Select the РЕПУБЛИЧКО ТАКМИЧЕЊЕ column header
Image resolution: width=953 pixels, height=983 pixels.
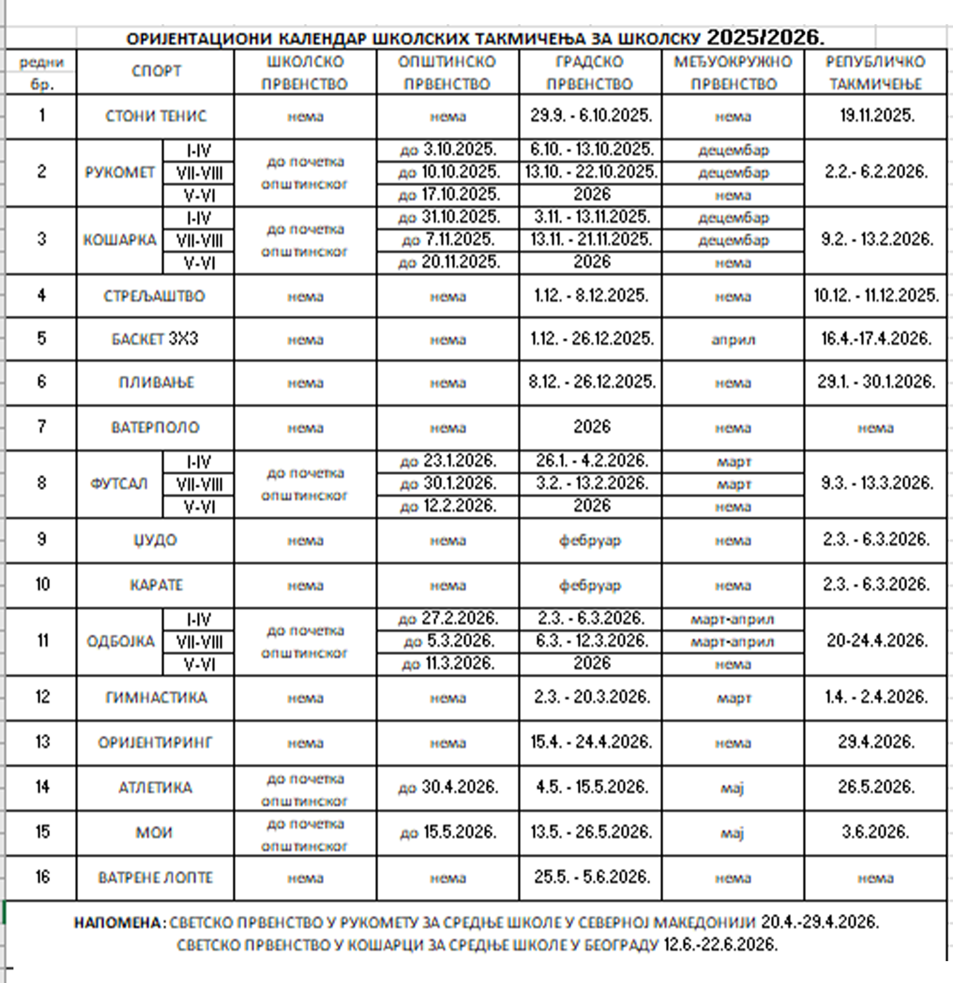pos(875,72)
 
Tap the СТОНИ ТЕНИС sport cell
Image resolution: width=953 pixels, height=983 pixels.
pos(156,116)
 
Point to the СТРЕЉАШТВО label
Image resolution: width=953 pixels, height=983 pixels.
pos(154,296)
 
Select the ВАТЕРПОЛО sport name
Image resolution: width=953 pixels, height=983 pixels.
pos(156,428)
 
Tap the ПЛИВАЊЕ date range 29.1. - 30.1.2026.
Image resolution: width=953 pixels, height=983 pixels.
pos(876,382)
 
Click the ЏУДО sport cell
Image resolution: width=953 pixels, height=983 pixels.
pos(156,541)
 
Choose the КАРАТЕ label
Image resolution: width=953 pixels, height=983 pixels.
pos(156,585)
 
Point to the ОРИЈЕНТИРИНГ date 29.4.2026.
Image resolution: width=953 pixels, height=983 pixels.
pos(876,742)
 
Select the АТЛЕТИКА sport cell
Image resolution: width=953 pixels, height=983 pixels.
pos(156,788)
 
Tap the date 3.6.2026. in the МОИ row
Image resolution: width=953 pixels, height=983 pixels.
pos(875,832)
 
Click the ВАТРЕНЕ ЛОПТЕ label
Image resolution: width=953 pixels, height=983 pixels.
pos(156,878)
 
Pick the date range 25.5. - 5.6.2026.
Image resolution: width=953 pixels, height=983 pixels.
pos(592,877)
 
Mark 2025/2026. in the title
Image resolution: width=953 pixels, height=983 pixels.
pos(765,38)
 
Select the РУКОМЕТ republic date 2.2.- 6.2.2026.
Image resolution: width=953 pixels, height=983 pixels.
pos(876,172)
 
